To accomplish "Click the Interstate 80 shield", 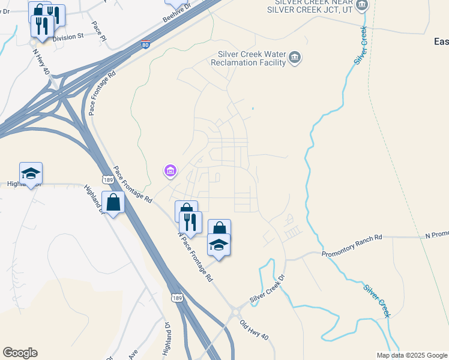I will coord(146,44).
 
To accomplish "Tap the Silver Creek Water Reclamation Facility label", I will coord(252,58).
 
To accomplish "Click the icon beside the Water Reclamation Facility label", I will coord(295,58).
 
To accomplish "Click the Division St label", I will coord(68,37).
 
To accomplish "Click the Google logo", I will coord(20,353).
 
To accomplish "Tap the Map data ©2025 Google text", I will coord(412,355).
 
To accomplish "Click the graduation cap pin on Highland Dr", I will coord(31,175).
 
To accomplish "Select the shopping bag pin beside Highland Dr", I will coord(113,203).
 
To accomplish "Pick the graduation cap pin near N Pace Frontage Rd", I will coord(218,245).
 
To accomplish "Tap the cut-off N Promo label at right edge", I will coord(437,234).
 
